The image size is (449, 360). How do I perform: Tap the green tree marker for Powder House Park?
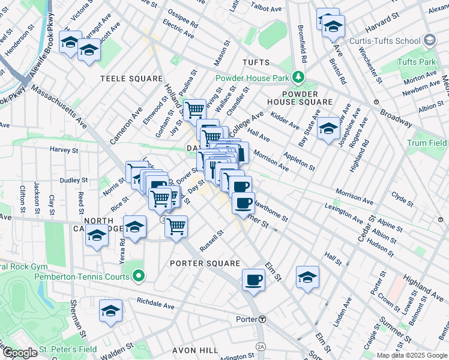click(x=297, y=77)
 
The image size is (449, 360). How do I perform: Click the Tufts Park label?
click(x=415, y=62)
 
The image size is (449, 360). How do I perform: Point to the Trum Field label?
click(x=427, y=143)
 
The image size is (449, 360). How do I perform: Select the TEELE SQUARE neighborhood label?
click(x=131, y=79)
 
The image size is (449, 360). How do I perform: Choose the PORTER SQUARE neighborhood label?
click(x=205, y=263)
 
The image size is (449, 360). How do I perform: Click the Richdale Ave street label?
click(x=155, y=303)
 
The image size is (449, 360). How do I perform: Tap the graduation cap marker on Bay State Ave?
click(x=328, y=129)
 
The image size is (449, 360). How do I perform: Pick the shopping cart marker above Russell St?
click(x=176, y=226)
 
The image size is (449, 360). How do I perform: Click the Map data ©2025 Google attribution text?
click(x=411, y=355)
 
